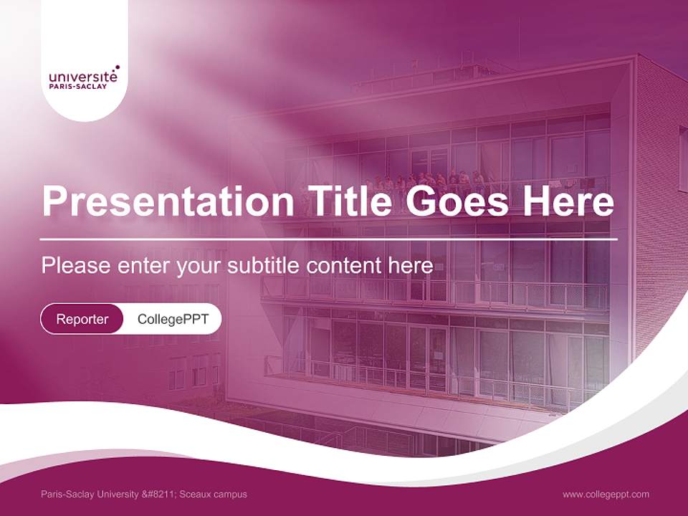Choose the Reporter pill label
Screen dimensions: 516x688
82,319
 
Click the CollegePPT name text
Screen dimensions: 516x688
173,319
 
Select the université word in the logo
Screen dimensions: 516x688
83,75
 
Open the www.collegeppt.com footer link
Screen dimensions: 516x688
606,494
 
